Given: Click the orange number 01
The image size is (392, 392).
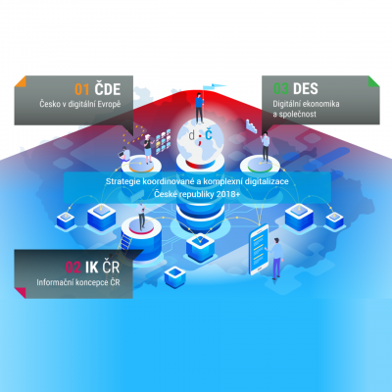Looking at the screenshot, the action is tap(81, 89).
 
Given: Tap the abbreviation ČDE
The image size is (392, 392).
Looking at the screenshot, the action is tap(108, 88).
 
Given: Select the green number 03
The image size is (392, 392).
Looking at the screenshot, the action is tap(281, 89).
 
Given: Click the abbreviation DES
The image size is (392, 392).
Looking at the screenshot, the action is tap(306, 89).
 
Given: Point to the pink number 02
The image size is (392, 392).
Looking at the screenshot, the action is tap(73, 268).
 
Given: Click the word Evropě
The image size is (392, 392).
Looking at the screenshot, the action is tap(109, 105).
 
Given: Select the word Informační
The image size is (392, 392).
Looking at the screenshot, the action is tap(55, 282).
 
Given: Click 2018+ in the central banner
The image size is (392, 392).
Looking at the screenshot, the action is tap(228, 194).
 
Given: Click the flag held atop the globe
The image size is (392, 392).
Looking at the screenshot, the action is tap(215, 86).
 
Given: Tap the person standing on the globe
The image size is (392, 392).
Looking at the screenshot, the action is tap(199, 108).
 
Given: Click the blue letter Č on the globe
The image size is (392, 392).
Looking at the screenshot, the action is tap(209, 134).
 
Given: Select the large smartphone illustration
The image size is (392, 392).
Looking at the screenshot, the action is tap(259, 250).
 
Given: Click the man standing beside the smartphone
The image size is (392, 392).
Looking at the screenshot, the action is tap(276, 259).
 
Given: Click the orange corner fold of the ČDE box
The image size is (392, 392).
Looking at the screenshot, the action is tap(21, 81).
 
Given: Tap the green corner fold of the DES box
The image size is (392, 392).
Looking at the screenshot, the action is tap(374, 81).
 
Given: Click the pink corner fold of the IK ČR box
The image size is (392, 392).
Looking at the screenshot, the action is tap(21, 293).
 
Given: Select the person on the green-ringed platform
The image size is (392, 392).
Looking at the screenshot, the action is tap(266, 147).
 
